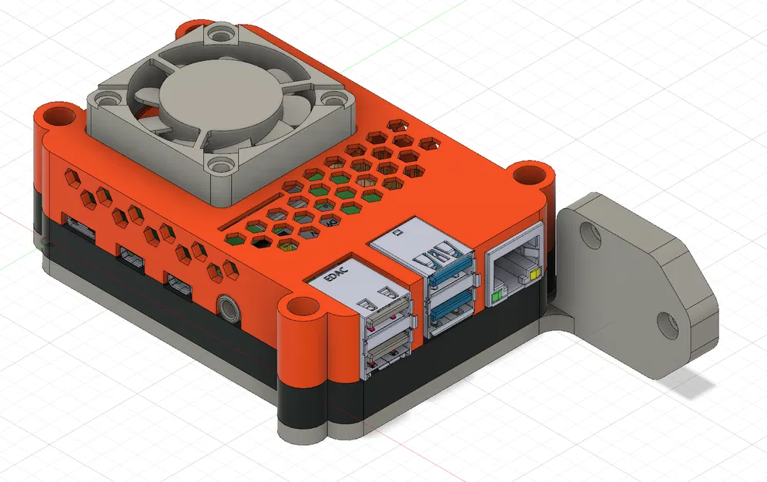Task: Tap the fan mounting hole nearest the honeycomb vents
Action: (x=330, y=99)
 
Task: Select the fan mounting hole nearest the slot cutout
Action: (x=221, y=164)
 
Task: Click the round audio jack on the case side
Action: (x=226, y=307)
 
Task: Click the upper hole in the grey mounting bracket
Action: (x=590, y=234)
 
